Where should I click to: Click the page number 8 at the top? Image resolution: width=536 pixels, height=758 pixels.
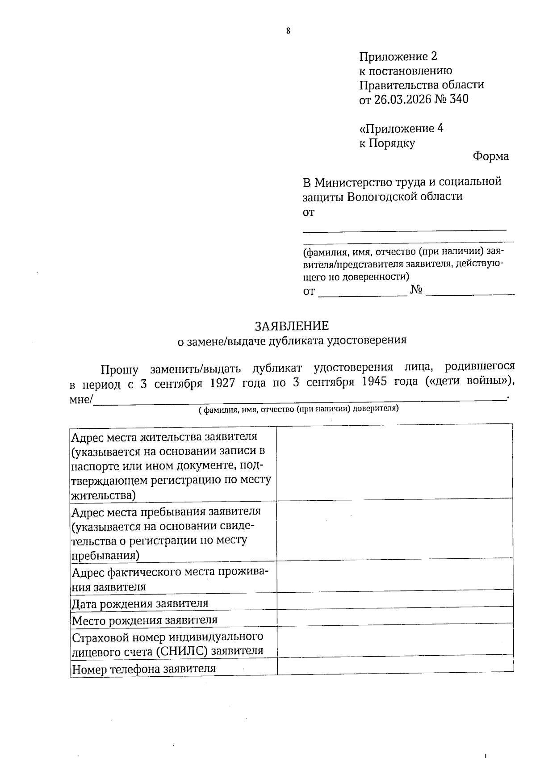click(288, 31)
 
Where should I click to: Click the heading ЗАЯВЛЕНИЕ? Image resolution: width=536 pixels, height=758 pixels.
click(292, 326)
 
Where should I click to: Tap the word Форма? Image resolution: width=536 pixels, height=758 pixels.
click(490, 156)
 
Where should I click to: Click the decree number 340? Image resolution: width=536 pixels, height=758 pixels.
click(459, 99)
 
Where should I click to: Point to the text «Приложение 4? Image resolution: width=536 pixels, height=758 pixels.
click(401, 129)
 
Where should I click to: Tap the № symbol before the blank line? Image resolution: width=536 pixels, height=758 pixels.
click(416, 290)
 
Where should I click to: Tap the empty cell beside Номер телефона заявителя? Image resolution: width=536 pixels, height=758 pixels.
click(394, 667)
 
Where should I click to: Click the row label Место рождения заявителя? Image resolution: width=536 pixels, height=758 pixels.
click(145, 620)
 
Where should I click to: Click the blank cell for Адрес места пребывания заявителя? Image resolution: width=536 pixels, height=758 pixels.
click(394, 530)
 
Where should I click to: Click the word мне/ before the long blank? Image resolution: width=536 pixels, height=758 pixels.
click(81, 399)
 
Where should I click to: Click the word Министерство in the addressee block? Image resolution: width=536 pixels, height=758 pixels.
click(353, 182)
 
